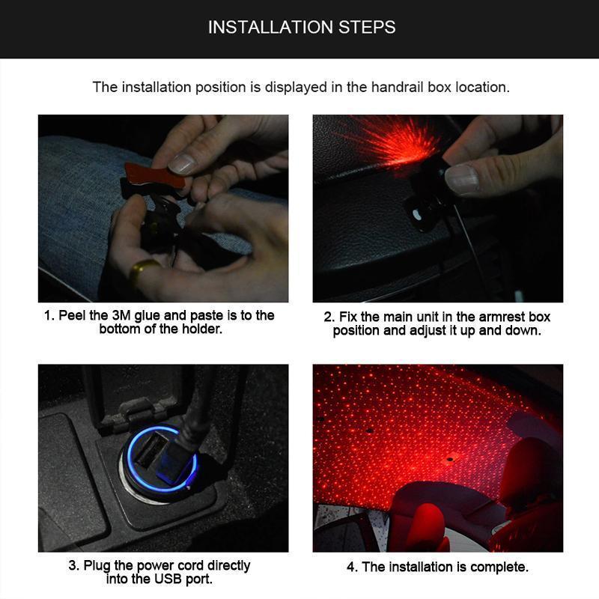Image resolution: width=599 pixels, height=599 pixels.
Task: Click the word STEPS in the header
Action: pos(367,27)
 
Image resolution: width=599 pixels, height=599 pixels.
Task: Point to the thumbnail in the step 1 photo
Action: pos(182,163)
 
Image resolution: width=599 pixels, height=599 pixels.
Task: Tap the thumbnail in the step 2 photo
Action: pos(461,178)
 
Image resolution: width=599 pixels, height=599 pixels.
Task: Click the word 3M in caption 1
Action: pos(121,315)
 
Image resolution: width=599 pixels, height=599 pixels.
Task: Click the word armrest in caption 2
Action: pos(502,317)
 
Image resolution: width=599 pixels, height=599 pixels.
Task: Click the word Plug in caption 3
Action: pos(97,565)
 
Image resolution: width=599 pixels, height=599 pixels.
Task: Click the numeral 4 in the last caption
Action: pos(350,567)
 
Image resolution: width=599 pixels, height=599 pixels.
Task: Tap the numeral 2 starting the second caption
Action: pos(328,317)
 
